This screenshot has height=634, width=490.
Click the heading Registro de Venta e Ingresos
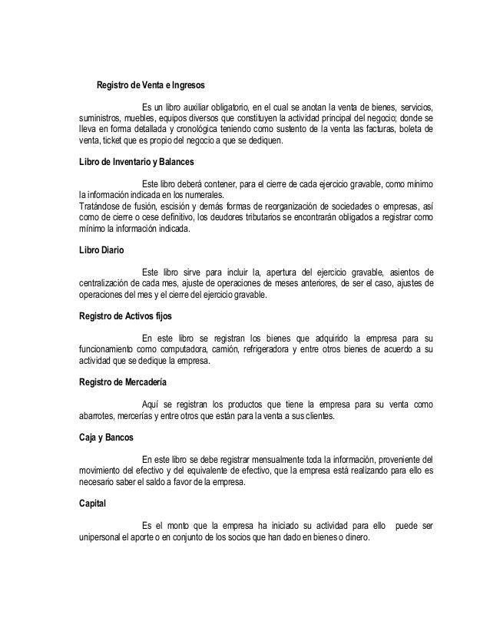click(x=150, y=84)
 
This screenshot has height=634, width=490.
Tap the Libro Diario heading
click(x=101, y=250)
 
